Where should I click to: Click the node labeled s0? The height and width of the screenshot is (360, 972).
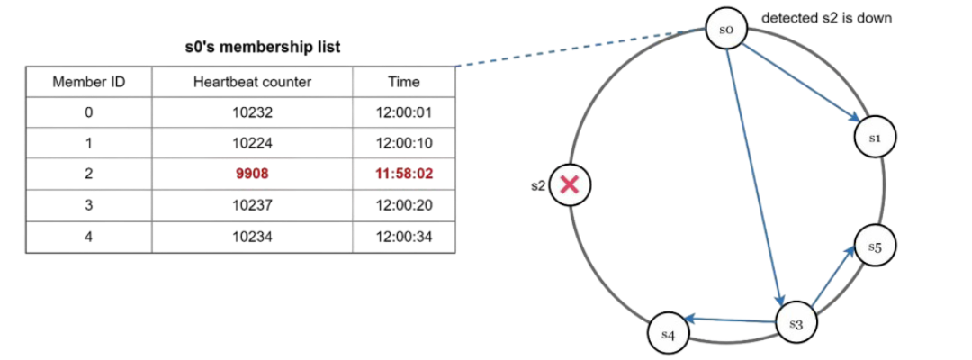727,30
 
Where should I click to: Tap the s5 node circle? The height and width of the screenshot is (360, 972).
873,247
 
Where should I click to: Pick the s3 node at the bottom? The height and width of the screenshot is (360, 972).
796,323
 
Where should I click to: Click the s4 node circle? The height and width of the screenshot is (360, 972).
668,333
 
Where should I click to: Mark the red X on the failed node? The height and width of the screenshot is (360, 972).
569,185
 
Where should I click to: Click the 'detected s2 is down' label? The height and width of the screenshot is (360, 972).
826,18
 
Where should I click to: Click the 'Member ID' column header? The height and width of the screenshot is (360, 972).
88,82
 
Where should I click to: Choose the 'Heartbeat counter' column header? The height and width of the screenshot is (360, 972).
252,82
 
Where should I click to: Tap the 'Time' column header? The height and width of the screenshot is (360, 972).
404,82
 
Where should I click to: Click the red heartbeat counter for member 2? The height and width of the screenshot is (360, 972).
252,175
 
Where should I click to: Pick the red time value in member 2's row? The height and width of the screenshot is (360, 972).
404,175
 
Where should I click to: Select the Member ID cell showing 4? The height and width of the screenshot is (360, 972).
88,237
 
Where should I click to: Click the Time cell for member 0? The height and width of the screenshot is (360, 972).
404,113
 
